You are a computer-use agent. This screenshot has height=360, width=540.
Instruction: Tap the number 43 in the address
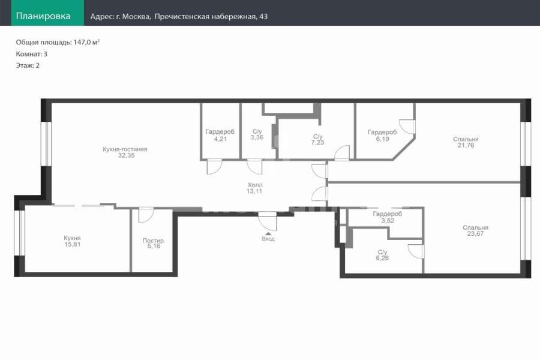[x=263, y=17]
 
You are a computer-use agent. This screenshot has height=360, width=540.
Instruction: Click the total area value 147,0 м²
[x=86, y=42]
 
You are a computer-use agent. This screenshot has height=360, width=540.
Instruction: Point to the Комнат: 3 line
[x=32, y=54]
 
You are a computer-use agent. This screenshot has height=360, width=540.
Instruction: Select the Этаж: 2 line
[x=28, y=65]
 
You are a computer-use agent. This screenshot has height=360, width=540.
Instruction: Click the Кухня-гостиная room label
[x=125, y=149]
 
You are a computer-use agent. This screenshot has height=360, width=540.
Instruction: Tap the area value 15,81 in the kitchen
[x=73, y=244]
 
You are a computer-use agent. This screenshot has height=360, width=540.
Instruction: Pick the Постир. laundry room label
[x=154, y=241]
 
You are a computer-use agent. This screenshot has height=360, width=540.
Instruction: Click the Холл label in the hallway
[x=255, y=185]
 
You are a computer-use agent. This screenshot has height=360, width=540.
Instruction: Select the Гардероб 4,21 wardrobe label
[x=220, y=135]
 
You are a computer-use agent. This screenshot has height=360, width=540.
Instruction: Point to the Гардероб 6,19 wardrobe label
[x=382, y=136]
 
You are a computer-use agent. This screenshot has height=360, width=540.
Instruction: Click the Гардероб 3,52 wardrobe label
[x=388, y=217]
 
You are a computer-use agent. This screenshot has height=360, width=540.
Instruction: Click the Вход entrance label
[x=268, y=239]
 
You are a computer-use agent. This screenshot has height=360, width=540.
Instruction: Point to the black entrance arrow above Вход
[x=268, y=233]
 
